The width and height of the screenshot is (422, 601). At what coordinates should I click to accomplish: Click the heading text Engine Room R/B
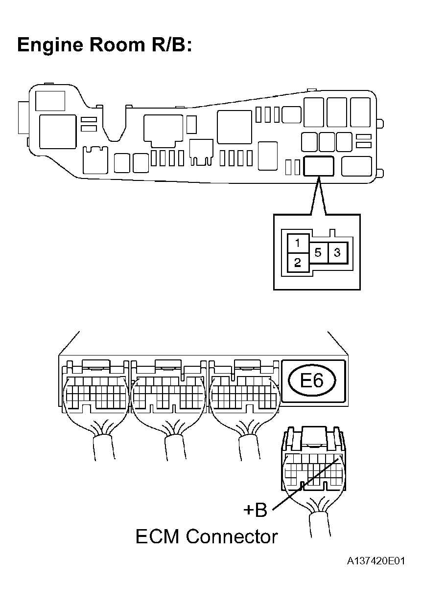pyautogui.click(x=104, y=45)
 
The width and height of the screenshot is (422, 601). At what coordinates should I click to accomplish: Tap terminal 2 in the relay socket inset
pyautogui.click(x=298, y=263)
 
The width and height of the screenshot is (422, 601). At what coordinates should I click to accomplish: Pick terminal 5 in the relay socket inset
pyautogui.click(x=318, y=253)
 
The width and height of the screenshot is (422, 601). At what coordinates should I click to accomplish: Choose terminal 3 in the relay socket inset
pyautogui.click(x=337, y=253)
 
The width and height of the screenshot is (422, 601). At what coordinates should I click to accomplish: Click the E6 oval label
pyautogui.click(x=312, y=381)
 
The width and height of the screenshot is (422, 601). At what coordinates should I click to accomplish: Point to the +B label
pyautogui.click(x=255, y=510)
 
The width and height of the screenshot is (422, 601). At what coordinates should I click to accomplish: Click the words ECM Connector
pyautogui.click(x=206, y=537)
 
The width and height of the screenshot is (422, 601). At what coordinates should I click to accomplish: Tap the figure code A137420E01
pyautogui.click(x=376, y=561)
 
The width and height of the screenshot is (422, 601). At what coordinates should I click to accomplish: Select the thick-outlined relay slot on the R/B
pyautogui.click(x=319, y=166)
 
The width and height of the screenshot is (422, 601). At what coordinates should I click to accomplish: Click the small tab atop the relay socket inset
pyautogui.click(x=333, y=234)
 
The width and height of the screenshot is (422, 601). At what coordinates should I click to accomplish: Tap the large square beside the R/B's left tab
pyautogui.click(x=57, y=131)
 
